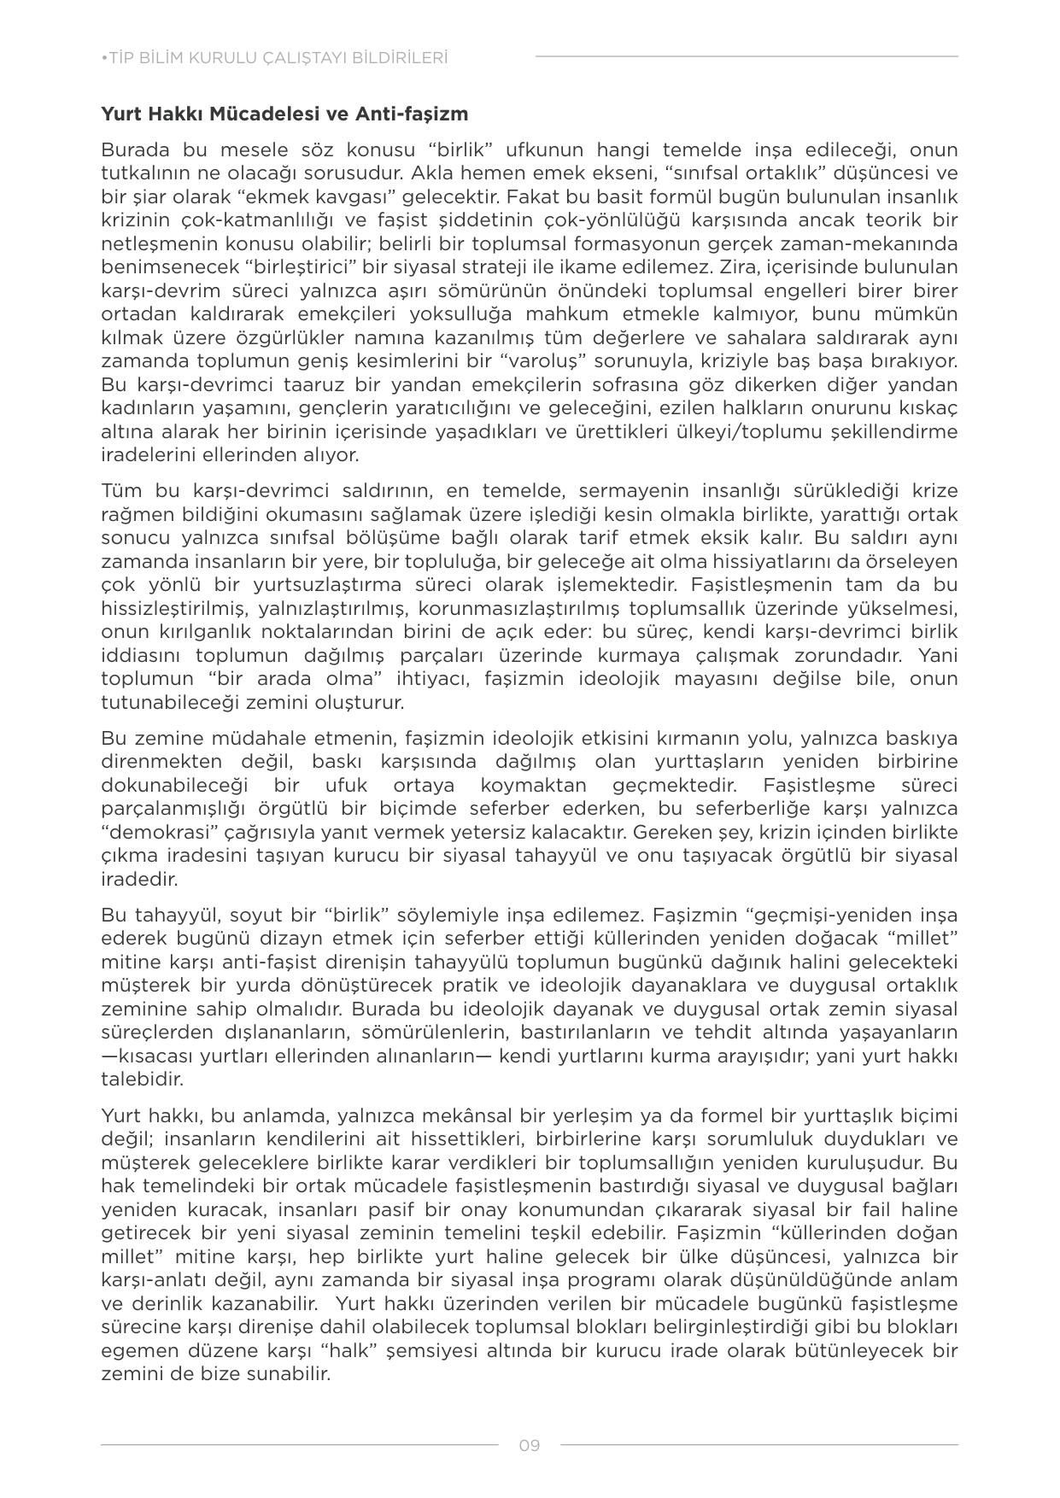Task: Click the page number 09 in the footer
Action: tap(530, 1446)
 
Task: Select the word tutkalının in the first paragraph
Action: tap(143, 173)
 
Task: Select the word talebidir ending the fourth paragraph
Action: tap(142, 1079)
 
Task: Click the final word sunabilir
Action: tap(294, 1374)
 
